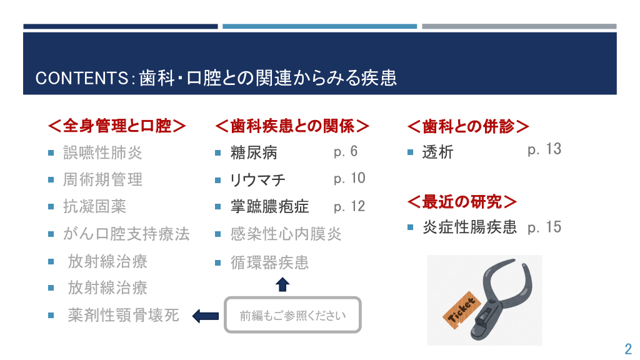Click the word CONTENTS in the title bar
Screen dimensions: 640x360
click(x=82, y=78)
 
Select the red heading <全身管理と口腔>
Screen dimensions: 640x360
click(x=117, y=126)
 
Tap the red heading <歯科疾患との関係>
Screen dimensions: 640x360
click(x=292, y=126)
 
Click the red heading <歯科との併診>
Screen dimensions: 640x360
click(x=468, y=126)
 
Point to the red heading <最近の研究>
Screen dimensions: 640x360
click(x=462, y=202)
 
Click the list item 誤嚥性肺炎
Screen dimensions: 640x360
click(x=102, y=152)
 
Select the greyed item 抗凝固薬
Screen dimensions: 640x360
click(x=95, y=206)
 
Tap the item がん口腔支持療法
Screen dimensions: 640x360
click(x=126, y=234)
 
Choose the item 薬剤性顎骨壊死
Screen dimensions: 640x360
click(x=123, y=315)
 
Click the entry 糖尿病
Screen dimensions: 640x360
click(x=254, y=152)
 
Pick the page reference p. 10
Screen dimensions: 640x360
click(x=349, y=178)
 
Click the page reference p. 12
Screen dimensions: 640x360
click(x=349, y=206)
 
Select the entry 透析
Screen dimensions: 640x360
click(x=437, y=152)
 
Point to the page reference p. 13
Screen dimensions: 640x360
click(x=544, y=149)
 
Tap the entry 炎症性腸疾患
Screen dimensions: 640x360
click(x=469, y=227)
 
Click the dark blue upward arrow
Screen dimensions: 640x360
click(x=282, y=284)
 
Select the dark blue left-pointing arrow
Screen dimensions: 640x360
click(x=205, y=316)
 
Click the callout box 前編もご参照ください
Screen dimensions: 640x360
click(x=292, y=315)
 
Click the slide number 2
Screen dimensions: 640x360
click(x=628, y=349)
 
